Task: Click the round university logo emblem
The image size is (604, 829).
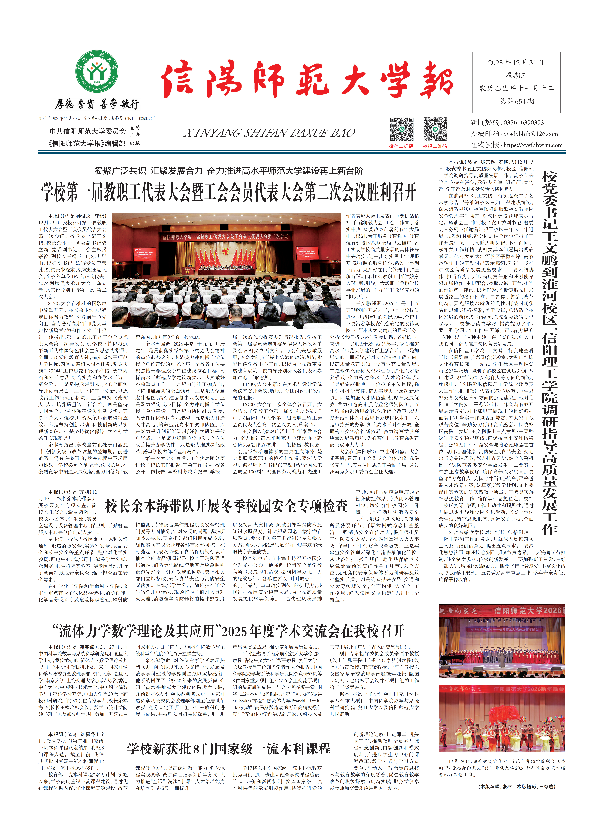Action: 97,72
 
